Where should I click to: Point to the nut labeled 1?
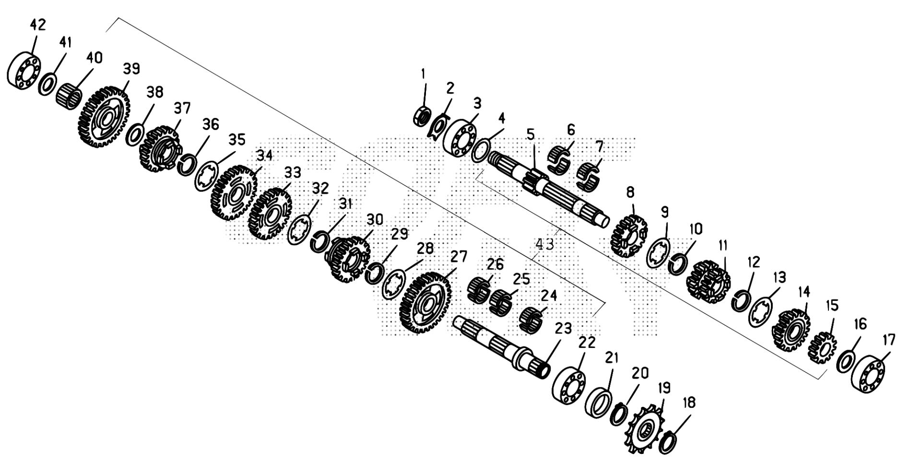point(423,116)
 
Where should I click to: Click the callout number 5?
point(530,134)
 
